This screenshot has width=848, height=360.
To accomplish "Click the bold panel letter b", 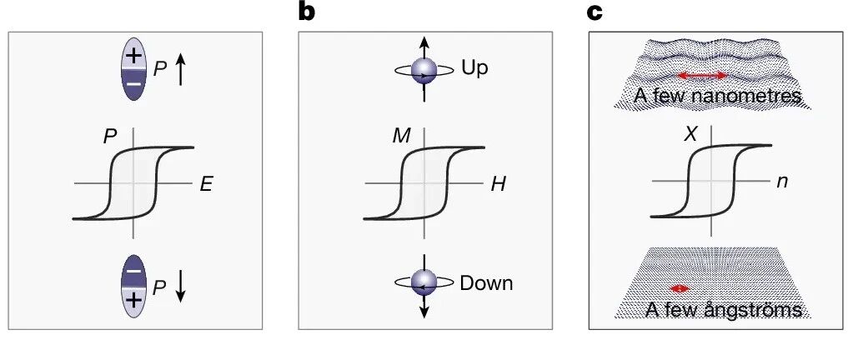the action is point(307,11).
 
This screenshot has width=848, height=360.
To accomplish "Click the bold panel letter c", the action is point(595,13).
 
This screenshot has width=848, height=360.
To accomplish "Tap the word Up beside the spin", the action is point(475,68).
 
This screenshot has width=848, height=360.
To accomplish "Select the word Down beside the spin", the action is point(486,282).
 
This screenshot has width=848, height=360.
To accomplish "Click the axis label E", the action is point(205,185).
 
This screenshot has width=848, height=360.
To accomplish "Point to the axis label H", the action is point(498,185).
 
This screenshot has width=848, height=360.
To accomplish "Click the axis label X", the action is point(690,135).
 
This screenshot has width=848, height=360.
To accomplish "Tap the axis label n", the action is point(781,182).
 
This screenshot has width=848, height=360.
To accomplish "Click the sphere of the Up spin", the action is point(424,71).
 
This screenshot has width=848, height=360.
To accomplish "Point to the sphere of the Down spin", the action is point(424,282).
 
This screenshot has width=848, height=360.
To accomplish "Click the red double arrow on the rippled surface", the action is point(703,76).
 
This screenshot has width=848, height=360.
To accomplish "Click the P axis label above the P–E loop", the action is point(110,137).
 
